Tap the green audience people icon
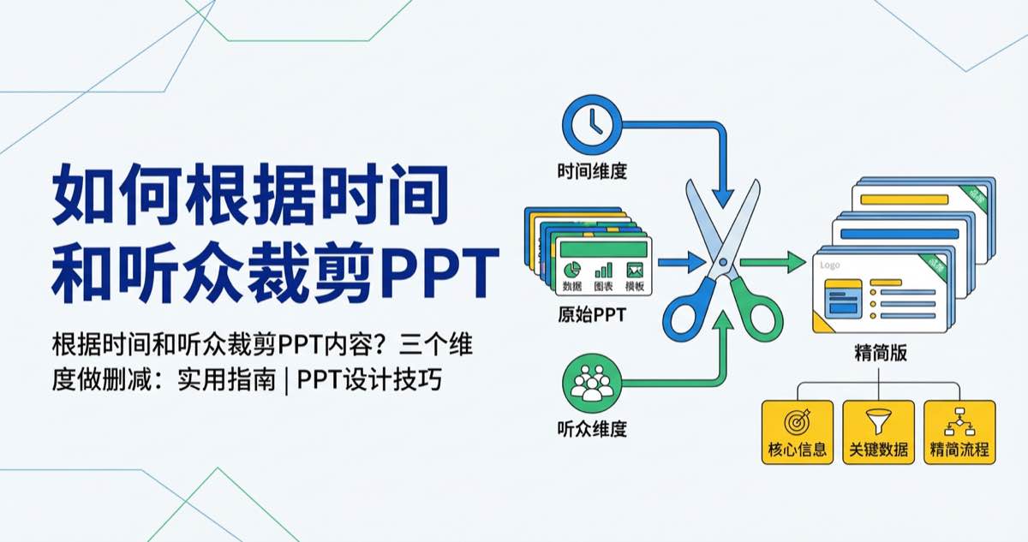click(x=588, y=382)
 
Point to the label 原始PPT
click(x=591, y=313)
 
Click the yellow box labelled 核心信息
click(x=798, y=432)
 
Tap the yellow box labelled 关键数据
click(x=878, y=432)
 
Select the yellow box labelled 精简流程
click(x=959, y=432)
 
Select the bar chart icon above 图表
click(x=604, y=269)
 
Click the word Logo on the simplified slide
click(x=829, y=265)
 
